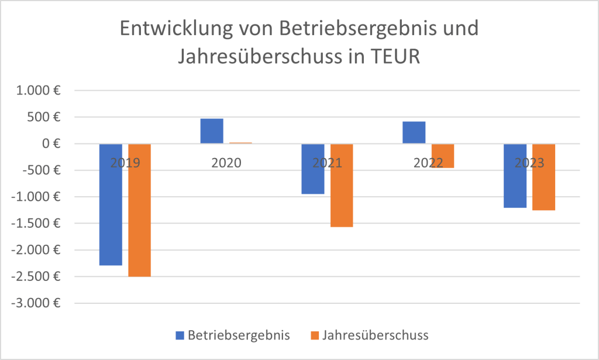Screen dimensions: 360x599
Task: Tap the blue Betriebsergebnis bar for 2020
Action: coord(212,131)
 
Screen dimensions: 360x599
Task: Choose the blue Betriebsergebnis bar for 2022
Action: coord(414,133)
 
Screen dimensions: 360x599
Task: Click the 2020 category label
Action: coord(226,163)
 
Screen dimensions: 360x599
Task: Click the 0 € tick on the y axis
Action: coord(51,144)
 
